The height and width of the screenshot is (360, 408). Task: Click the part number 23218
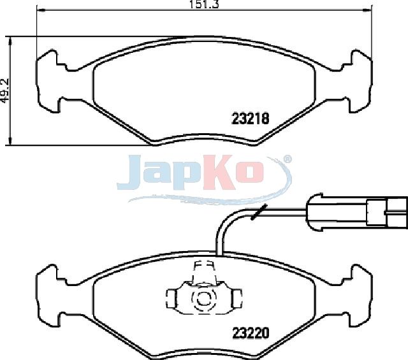pos(250,119)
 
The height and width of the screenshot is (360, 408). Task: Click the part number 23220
pos(251,333)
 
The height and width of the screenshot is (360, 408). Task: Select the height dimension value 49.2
pos(5,90)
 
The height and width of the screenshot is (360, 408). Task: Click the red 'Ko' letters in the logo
pos(233,171)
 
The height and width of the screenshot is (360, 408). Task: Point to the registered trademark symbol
pos(288,159)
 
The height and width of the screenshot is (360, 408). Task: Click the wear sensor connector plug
pos(357,212)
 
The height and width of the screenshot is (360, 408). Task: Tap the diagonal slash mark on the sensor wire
pos(259,212)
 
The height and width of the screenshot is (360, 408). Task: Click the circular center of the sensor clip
pos(203,299)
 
